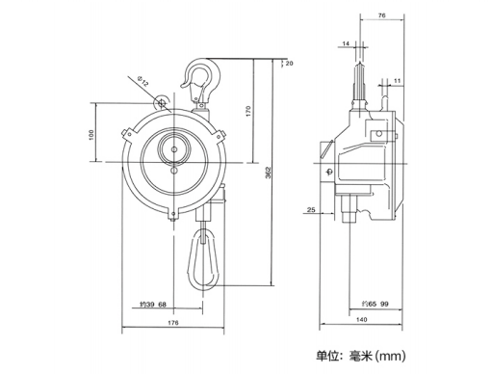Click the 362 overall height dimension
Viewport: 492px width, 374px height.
[269, 173]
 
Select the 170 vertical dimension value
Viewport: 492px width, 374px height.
[248, 111]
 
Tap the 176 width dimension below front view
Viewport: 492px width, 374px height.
[173, 323]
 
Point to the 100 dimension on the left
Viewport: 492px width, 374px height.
[91, 135]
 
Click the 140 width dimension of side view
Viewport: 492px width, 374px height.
[362, 320]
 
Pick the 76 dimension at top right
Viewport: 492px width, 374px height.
[381, 15]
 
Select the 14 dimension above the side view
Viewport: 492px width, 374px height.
[346, 43]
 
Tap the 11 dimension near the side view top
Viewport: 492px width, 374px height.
[398, 81]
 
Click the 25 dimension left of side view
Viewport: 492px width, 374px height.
[311, 210]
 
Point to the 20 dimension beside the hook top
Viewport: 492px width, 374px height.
[289, 64]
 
